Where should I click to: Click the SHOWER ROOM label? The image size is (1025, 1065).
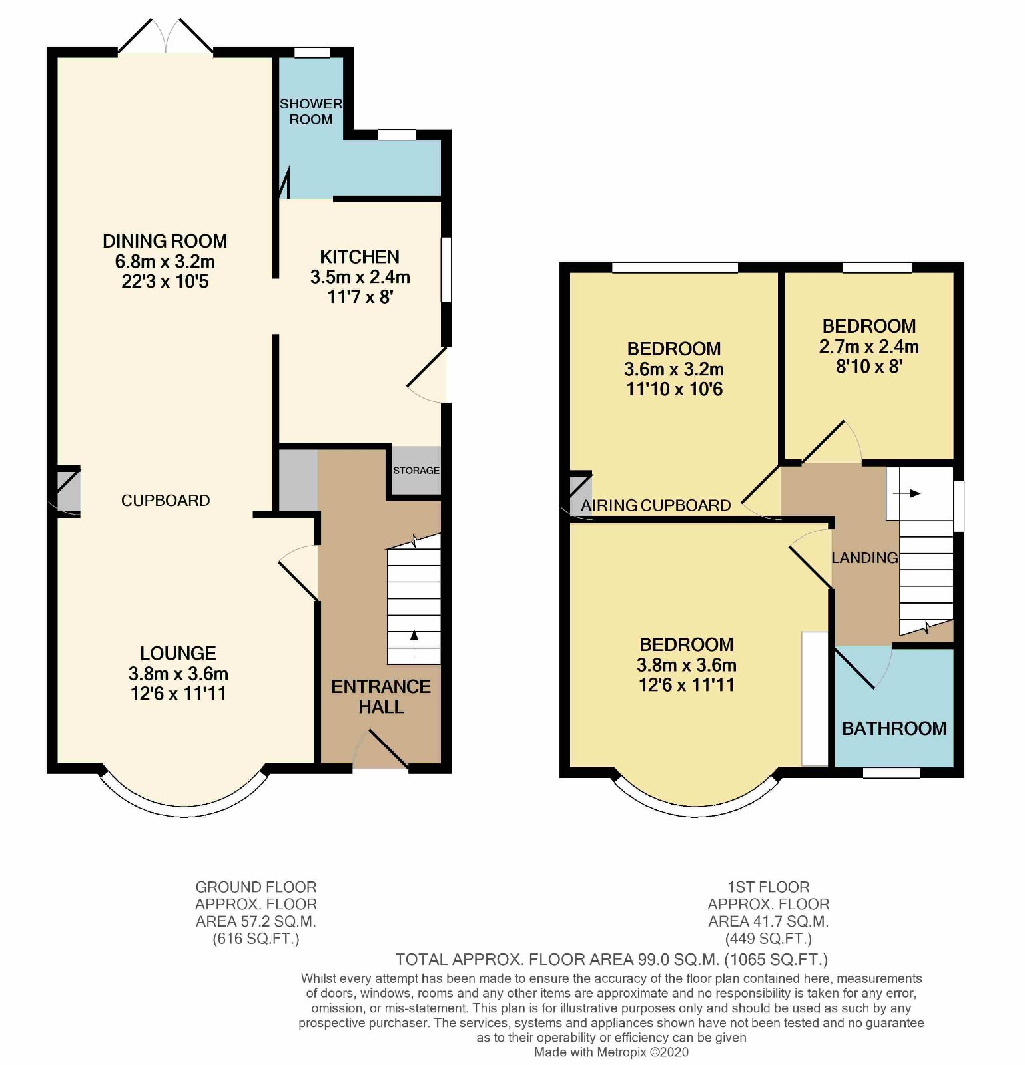click(x=310, y=112)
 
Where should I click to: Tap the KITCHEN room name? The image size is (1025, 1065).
click(x=360, y=257)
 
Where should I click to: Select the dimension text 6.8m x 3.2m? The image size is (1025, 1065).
click(x=165, y=262)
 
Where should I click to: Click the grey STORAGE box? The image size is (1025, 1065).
click(x=416, y=471)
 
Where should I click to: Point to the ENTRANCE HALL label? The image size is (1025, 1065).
click(x=381, y=696)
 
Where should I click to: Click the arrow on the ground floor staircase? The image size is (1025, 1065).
click(x=414, y=642)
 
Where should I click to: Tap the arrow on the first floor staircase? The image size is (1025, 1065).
click(x=907, y=493)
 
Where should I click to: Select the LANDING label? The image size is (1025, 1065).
click(x=864, y=558)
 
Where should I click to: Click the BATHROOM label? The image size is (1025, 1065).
click(x=894, y=728)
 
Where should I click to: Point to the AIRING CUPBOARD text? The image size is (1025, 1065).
click(x=656, y=505)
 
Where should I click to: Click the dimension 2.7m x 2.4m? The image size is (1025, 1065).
click(x=868, y=347)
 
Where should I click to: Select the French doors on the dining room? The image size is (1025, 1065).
click(x=165, y=37)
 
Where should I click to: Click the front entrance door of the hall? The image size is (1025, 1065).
click(x=386, y=749)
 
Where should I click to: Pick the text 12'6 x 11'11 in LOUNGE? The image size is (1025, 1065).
click(x=178, y=694)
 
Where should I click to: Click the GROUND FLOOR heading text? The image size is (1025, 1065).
click(x=256, y=887)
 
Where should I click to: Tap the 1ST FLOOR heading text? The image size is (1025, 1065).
click(x=768, y=887)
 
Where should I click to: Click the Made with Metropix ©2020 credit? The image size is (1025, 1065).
click(x=611, y=1052)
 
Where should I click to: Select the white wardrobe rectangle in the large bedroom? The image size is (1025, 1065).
click(x=814, y=698)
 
